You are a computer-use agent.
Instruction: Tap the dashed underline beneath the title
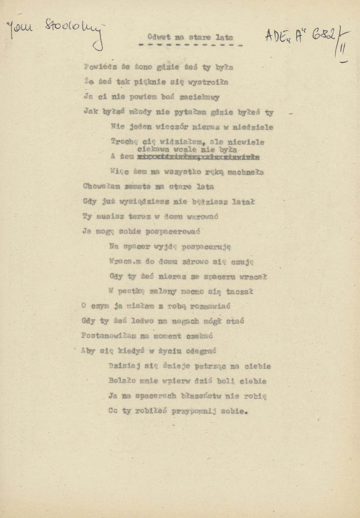pos(190,45)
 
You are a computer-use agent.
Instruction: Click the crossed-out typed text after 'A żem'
pos(199,157)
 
